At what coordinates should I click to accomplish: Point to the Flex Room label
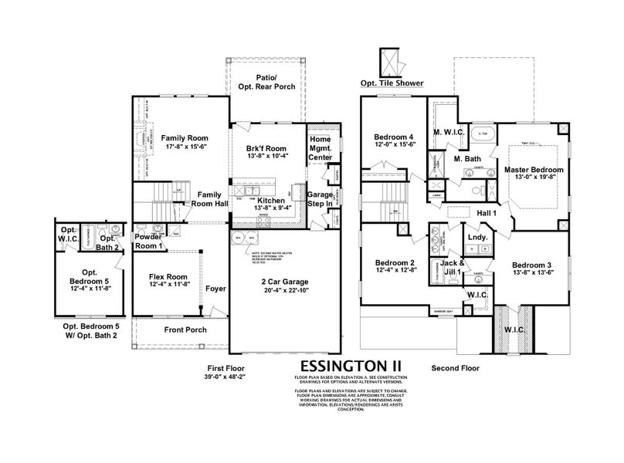168,276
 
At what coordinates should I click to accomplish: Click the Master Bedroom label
534,170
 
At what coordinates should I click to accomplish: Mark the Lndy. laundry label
476,238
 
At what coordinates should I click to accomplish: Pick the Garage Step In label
319,201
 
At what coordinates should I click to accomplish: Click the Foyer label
215,289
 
